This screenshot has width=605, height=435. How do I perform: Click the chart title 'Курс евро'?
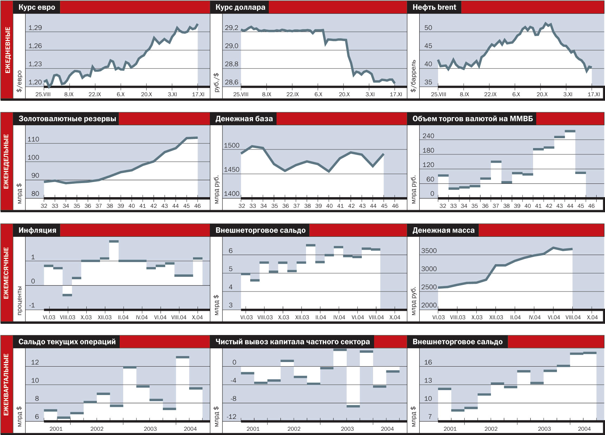tap(36, 7)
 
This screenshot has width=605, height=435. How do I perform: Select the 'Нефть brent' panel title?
tap(434, 7)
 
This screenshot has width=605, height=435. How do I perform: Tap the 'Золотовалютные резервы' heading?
tap(67, 119)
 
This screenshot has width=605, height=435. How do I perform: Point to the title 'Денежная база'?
tap(244, 119)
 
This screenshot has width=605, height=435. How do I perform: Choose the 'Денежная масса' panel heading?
tap(443, 230)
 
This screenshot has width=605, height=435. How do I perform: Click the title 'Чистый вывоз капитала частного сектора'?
tap(292, 342)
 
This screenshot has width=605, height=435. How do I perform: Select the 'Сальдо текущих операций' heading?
tap(67, 342)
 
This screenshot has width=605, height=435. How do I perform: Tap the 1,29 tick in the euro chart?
tap(35, 28)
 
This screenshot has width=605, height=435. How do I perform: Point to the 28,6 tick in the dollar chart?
tap(232, 82)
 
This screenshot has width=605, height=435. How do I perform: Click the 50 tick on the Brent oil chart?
tap(428, 28)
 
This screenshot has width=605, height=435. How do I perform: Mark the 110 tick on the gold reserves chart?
tap(33, 139)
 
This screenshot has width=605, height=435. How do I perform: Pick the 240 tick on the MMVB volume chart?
tap(428, 136)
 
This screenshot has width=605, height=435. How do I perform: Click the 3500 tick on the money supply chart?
tap(429, 251)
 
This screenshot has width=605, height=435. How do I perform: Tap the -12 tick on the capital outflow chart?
tap(231, 417)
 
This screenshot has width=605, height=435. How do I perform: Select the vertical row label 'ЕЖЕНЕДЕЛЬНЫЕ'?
tap(6, 161)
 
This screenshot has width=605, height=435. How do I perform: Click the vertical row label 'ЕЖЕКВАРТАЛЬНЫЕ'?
tap(6, 384)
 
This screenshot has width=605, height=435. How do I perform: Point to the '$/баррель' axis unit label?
tap(413, 76)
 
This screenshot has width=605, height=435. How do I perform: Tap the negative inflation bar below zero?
tap(67, 290)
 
